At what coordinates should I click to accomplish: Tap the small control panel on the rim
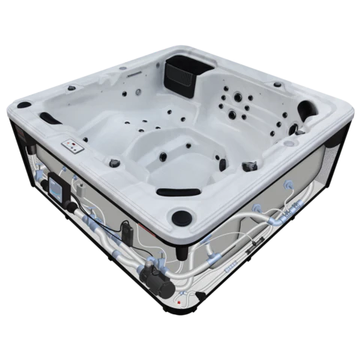click(x=73, y=145)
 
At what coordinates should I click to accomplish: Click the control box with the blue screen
click(x=58, y=184)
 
